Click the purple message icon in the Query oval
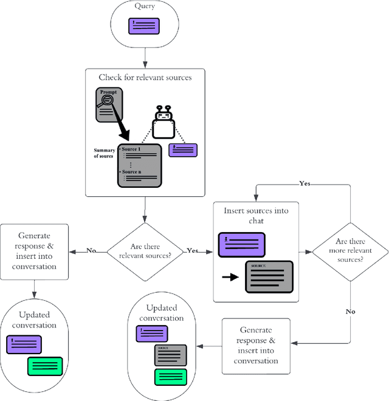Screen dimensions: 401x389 coord(144,26)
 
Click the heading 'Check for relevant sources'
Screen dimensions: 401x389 coord(145,77)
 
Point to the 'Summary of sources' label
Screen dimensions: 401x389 coord(104,154)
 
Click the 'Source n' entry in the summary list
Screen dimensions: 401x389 coord(132,172)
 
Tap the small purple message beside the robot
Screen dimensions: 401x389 coord(184,150)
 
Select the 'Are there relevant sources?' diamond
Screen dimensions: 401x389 coord(145,251)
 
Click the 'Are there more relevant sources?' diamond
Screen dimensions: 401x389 coord(350,250)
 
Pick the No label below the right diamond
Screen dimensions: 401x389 coord(351,311)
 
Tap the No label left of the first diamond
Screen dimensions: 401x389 coord(91,250)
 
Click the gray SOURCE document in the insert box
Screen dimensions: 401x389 coord(269,276)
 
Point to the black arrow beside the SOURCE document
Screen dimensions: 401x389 coord(230,277)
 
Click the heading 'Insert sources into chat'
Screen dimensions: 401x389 coord(256,216)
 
